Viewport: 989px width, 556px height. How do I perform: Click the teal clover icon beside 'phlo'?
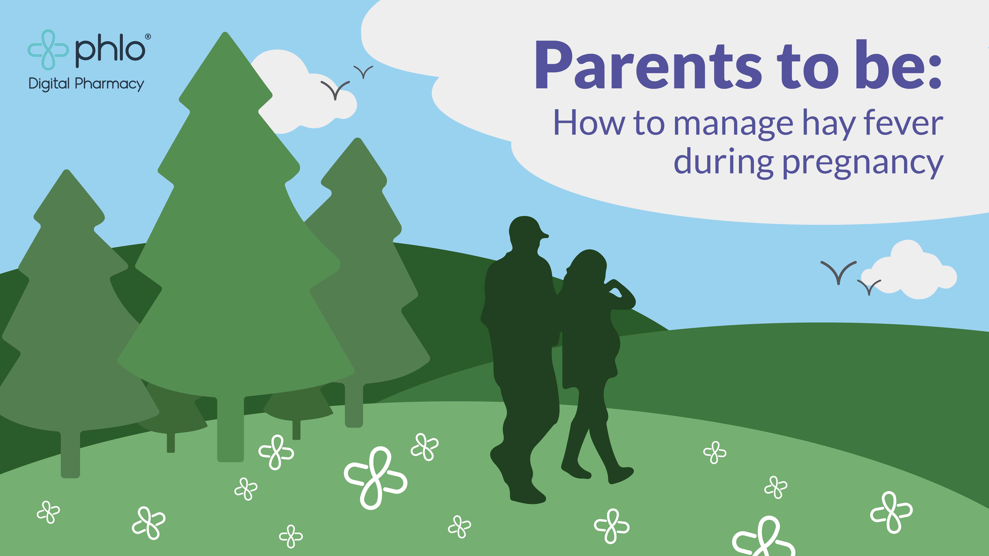48,50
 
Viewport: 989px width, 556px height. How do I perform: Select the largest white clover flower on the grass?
375,478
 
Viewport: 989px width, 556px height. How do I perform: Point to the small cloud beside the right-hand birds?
910,270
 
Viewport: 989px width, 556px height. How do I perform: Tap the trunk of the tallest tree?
230,428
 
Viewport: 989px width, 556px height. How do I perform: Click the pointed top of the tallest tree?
225,34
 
